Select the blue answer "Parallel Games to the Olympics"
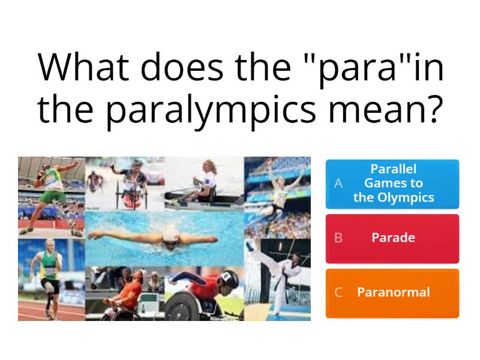click(x=392, y=183)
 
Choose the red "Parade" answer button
click(x=392, y=238)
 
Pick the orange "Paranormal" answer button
click(x=392, y=293)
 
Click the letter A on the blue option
click(x=338, y=183)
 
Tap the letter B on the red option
click(x=338, y=238)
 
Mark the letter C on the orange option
click(x=338, y=293)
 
